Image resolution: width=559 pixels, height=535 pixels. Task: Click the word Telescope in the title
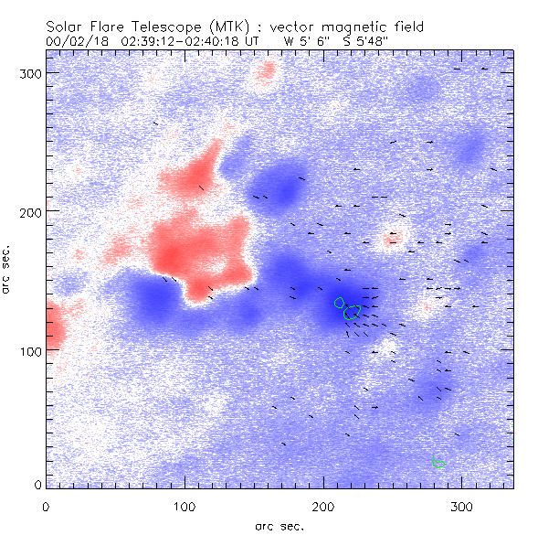pyautogui.click(x=155, y=28)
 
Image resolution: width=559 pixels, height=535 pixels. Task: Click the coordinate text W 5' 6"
pyautogui.click(x=303, y=41)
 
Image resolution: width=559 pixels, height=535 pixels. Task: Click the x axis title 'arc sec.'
pyautogui.click(x=279, y=525)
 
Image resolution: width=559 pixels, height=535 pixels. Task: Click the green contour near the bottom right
pyautogui.click(x=438, y=462)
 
